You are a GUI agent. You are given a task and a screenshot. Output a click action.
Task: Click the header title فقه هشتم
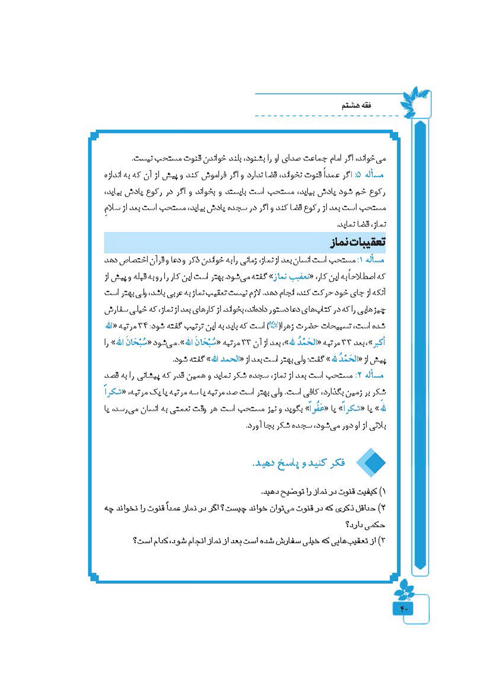(356, 105)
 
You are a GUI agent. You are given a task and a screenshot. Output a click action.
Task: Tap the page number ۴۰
(404, 609)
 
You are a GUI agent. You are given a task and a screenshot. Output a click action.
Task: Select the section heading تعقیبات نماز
(358, 242)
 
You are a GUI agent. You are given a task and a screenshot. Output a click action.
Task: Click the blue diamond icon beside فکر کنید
(371, 462)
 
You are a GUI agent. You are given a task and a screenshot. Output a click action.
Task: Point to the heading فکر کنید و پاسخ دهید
(299, 463)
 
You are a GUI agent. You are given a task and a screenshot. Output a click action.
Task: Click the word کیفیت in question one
(367, 492)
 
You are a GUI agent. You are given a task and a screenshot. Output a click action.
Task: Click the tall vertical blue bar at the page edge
(420, 345)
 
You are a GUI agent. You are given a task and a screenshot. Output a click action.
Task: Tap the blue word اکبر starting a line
(379, 343)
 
